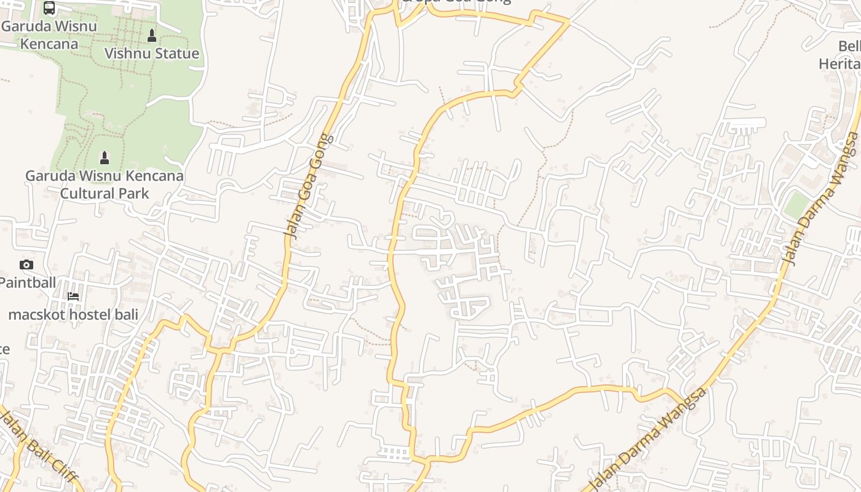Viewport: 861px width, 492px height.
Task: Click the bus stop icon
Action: (x=49, y=8)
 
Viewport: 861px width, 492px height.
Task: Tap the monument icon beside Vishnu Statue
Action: (x=152, y=36)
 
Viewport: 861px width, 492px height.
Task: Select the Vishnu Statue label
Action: (x=152, y=54)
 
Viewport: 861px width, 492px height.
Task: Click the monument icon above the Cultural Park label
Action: (x=105, y=158)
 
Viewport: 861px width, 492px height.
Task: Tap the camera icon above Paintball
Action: (x=26, y=265)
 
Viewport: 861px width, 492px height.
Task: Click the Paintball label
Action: (x=28, y=282)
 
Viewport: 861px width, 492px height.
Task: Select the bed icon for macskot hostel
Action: (x=73, y=296)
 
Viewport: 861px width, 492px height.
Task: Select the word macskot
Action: (x=34, y=315)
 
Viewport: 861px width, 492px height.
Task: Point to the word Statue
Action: (x=177, y=54)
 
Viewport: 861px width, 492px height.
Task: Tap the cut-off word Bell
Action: (x=849, y=47)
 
